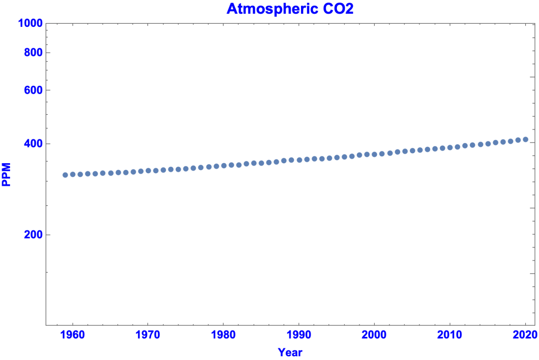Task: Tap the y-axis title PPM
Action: [7, 175]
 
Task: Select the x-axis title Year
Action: [290, 352]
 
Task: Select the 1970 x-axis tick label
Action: [148, 336]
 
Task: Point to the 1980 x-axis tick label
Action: [223, 336]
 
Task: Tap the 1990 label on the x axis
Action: [299, 336]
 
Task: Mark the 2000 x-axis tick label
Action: [374, 336]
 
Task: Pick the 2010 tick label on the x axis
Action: [450, 336]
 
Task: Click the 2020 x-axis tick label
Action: [525, 336]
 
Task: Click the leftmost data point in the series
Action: [65, 175]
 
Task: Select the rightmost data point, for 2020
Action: [525, 139]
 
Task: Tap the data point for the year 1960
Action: [73, 174]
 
